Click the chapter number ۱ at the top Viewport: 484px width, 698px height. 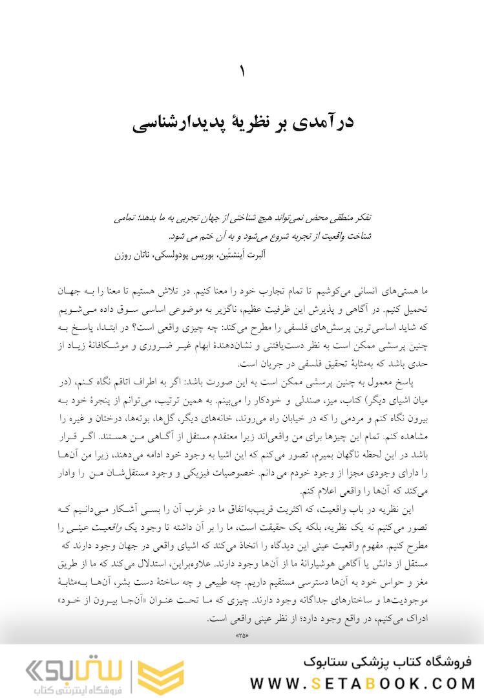pyautogui.click(x=242, y=71)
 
